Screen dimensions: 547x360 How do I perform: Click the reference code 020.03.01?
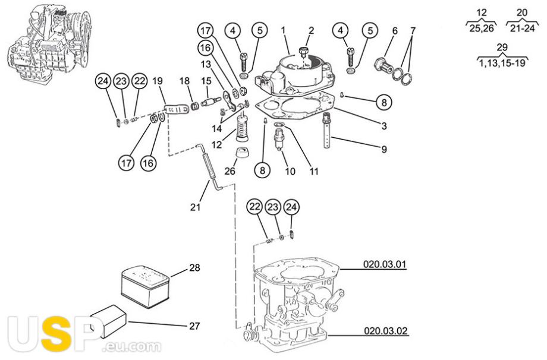[x=385, y=264]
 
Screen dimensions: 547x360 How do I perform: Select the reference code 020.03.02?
[x=385, y=330]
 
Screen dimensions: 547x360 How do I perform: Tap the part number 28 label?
[x=194, y=268]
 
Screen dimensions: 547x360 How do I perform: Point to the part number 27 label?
[x=194, y=326]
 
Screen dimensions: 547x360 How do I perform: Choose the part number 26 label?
[x=230, y=170]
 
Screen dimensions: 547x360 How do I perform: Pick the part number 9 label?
[x=384, y=149]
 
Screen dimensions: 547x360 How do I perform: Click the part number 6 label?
[x=395, y=31]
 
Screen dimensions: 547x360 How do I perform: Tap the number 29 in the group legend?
[x=502, y=47]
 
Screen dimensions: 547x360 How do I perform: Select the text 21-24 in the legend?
[x=522, y=29]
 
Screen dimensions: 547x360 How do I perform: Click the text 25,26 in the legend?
[x=482, y=29]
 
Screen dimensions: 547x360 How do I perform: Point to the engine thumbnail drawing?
[x=49, y=43]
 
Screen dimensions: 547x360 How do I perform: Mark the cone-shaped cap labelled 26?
[x=241, y=153]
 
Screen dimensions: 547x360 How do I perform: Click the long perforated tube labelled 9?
[x=327, y=131]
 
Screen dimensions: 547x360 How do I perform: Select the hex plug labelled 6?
[x=383, y=65]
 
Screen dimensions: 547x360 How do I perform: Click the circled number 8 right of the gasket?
[x=384, y=102]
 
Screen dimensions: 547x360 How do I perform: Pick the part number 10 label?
[x=290, y=171]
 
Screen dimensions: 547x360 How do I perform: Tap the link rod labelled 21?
[x=209, y=168]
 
